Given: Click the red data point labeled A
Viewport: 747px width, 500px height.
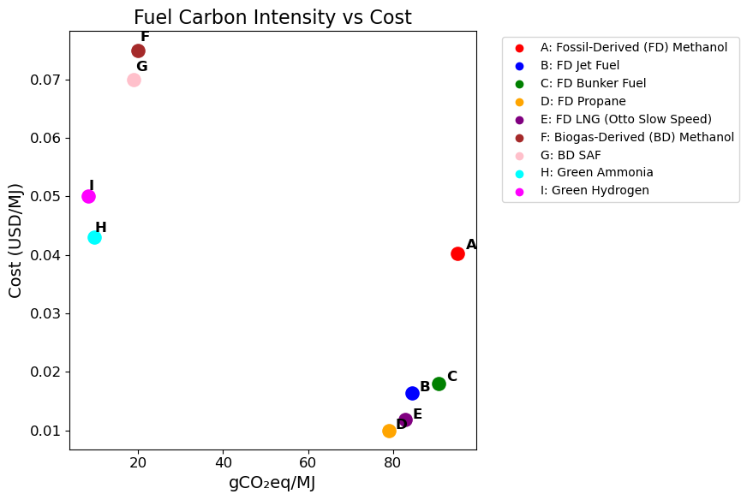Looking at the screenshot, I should [x=457, y=253].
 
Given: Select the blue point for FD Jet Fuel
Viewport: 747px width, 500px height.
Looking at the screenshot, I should [x=412, y=393].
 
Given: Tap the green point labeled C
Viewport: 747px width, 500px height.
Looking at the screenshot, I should [x=439, y=384].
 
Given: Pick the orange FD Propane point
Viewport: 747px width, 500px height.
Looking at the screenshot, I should [x=389, y=431].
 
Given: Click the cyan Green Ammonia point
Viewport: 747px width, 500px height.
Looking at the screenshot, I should [x=94, y=237].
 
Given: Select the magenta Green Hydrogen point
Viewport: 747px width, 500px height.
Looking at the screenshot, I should [x=88, y=196].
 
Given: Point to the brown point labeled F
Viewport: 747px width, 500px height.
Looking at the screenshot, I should [x=138, y=51].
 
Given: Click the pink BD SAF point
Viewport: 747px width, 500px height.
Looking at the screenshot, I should [x=134, y=80].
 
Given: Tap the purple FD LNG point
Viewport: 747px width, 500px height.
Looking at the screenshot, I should [x=405, y=420].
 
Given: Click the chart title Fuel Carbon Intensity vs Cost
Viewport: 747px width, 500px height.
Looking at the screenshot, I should [x=272, y=17].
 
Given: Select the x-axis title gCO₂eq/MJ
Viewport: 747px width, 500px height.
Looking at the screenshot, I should [x=272, y=483].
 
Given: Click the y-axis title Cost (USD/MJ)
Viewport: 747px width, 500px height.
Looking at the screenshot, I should [x=15, y=240].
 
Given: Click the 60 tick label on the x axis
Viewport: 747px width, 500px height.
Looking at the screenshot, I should [x=308, y=463].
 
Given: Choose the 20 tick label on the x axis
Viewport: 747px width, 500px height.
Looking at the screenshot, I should [x=138, y=463].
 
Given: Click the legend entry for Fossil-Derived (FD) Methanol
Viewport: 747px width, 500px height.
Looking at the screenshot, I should [x=633, y=47].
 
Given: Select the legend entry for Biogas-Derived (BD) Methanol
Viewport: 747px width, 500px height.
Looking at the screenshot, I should [x=636, y=137].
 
